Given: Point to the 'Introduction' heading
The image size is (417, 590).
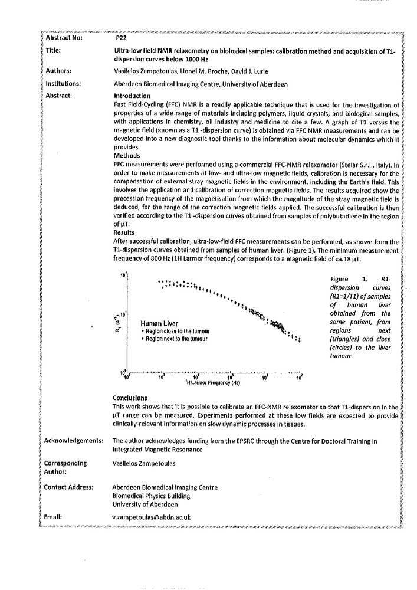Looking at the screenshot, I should click(x=131, y=96).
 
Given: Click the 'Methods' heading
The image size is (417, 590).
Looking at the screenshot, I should click(x=124, y=156).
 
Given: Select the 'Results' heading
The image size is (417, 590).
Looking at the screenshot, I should click(x=123, y=232).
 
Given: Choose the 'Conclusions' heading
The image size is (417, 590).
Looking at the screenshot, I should click(x=130, y=398).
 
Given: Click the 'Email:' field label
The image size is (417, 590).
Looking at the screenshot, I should click(x=55, y=517).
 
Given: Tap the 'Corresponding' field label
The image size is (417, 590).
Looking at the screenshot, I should click(x=65, y=463).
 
